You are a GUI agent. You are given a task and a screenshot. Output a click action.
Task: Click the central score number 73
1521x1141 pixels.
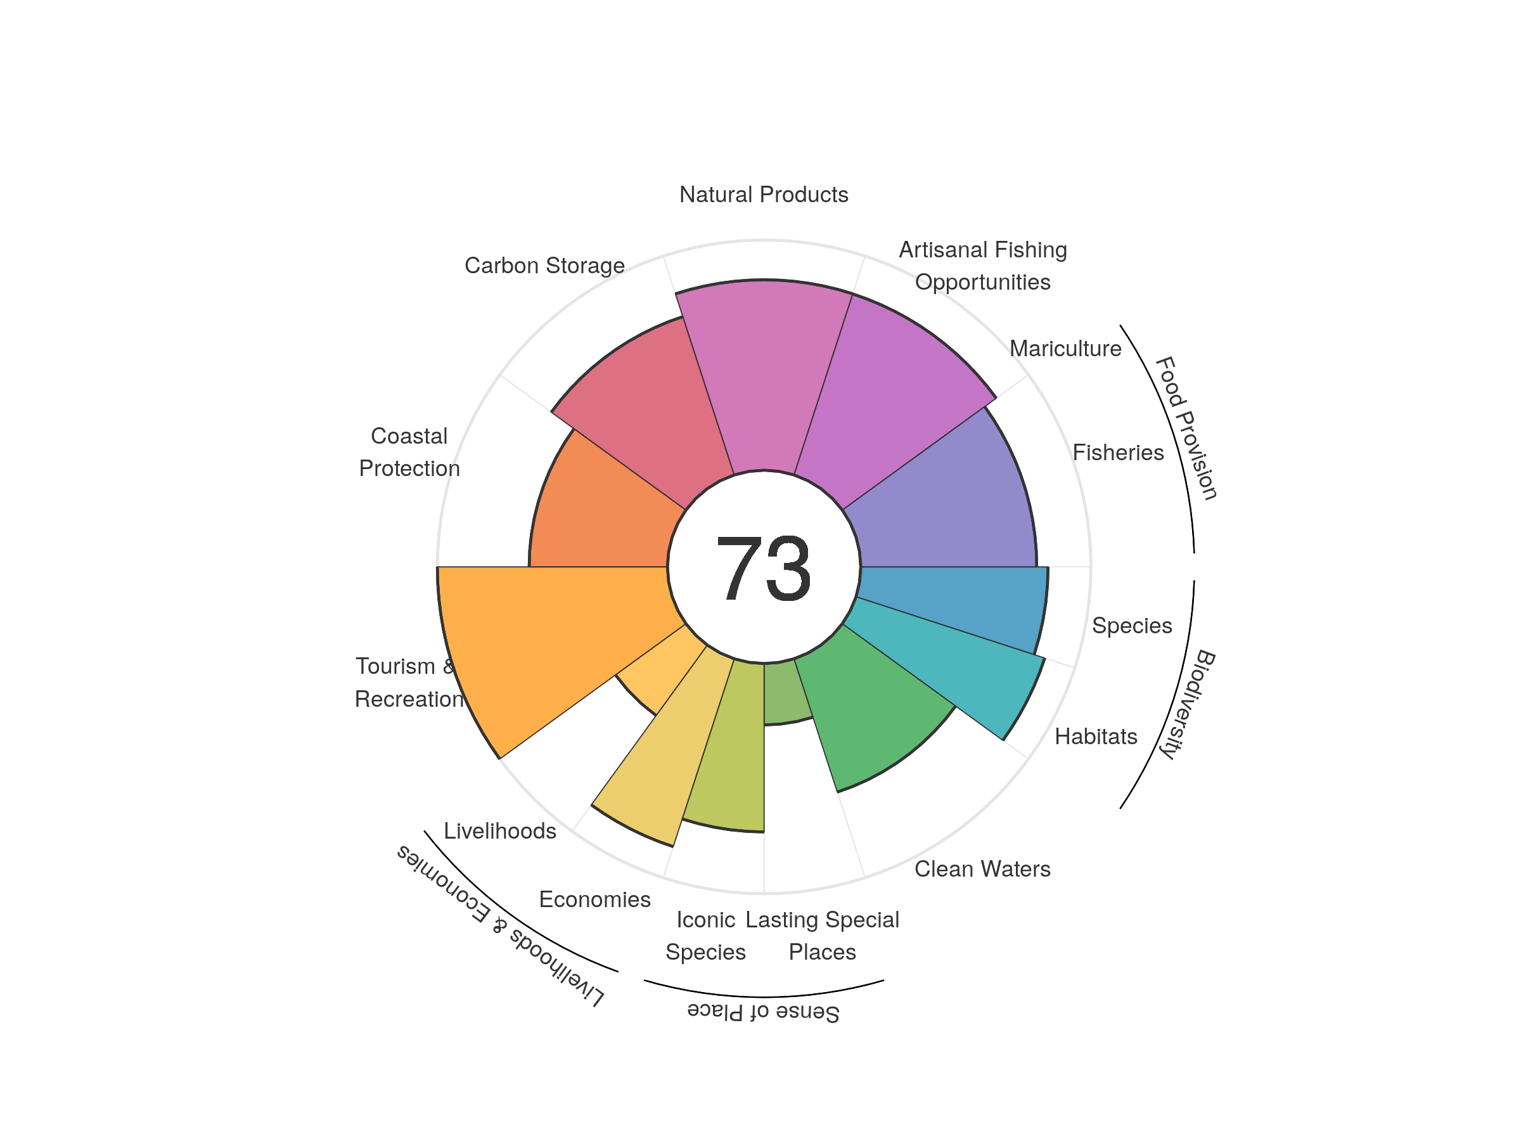pos(763,568)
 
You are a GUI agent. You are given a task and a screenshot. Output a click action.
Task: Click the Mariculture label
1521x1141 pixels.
pos(1065,349)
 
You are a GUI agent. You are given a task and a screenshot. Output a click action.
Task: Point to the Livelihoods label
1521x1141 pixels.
pos(500,831)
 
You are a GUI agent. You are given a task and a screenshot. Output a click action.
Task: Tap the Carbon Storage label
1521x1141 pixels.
pos(544,266)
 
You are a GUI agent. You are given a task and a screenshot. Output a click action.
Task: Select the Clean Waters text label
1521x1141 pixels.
pos(982,868)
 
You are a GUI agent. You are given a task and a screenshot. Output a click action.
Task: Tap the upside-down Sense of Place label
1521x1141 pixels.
pos(763,1012)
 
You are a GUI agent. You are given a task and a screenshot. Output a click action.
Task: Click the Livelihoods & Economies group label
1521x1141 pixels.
pos(501,925)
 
